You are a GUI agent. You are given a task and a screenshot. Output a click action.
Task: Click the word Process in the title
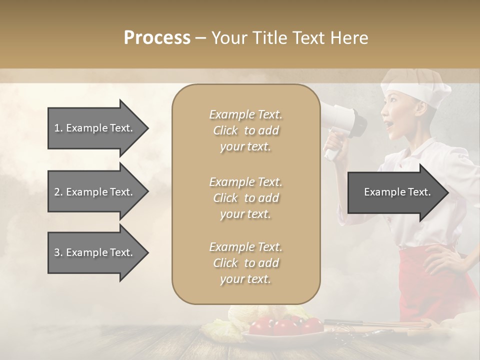tap(157, 38)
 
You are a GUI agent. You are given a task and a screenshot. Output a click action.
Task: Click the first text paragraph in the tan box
tap(245, 130)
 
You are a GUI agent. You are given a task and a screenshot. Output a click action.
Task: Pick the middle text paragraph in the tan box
tap(245, 198)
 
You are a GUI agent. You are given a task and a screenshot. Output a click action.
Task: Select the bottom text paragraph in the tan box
tap(245, 263)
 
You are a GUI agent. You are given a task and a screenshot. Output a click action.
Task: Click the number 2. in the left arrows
tap(58, 192)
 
